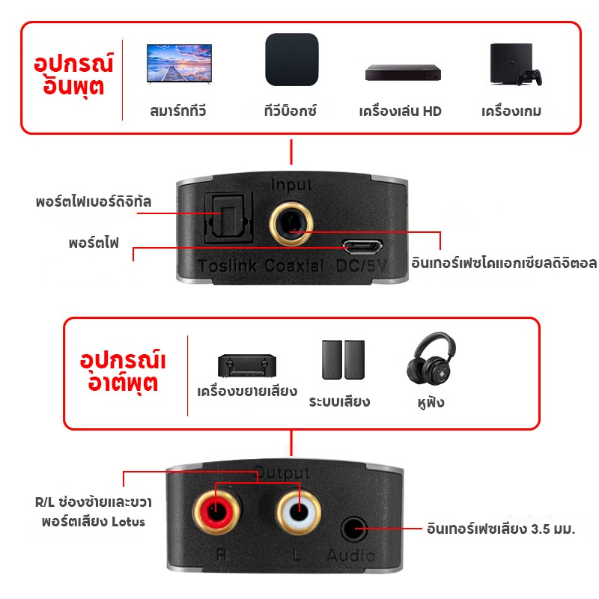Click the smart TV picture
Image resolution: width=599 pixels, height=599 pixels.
[x=179, y=64]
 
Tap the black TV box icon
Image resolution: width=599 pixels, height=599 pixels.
[x=292, y=60]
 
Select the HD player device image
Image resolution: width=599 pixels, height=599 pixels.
[x=403, y=73]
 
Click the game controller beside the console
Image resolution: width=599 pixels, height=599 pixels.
[x=529, y=77]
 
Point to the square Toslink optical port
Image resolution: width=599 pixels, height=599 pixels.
[x=229, y=218]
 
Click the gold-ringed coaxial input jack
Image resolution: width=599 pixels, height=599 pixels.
[x=291, y=223]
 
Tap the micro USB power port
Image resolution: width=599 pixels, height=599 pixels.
[x=362, y=246]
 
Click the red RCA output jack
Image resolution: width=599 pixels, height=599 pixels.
[x=216, y=512]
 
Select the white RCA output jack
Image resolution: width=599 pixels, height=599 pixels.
[x=298, y=512]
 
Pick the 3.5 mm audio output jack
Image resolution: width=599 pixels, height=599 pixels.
[x=353, y=529]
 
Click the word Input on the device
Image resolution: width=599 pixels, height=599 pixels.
[x=291, y=185]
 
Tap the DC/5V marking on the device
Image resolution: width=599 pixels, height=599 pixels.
[x=362, y=266]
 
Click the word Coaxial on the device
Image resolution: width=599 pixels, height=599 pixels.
[x=294, y=266]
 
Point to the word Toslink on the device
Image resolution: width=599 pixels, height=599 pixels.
[x=228, y=266]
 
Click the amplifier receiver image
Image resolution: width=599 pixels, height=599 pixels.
[x=247, y=366]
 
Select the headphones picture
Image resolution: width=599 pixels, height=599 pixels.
[x=431, y=359]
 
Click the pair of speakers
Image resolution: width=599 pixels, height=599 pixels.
[x=343, y=359]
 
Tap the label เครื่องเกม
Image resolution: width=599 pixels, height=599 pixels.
[x=511, y=112]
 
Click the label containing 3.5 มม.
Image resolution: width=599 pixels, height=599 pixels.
[x=501, y=529]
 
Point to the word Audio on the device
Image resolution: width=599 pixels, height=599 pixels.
[x=350, y=556]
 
